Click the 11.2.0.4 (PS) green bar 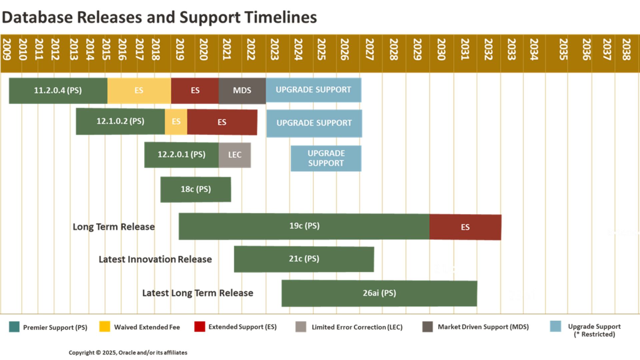(58, 90)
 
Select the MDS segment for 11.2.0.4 (242, 90)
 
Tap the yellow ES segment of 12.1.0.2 (176, 121)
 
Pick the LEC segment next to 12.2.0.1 (235, 155)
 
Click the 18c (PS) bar (196, 189)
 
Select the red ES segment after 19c (465, 227)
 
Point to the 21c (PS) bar (304, 259)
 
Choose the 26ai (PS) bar (379, 293)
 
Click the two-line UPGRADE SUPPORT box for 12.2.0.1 (326, 158)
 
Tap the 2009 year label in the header (7, 49)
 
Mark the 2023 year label (274, 49)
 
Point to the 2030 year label (441, 49)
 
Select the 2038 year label (626, 49)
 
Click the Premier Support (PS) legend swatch (14, 327)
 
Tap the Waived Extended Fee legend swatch (105, 326)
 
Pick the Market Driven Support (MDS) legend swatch (427, 327)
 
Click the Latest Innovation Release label (155, 259)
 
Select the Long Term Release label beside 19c (114, 227)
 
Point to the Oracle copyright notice (128, 353)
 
